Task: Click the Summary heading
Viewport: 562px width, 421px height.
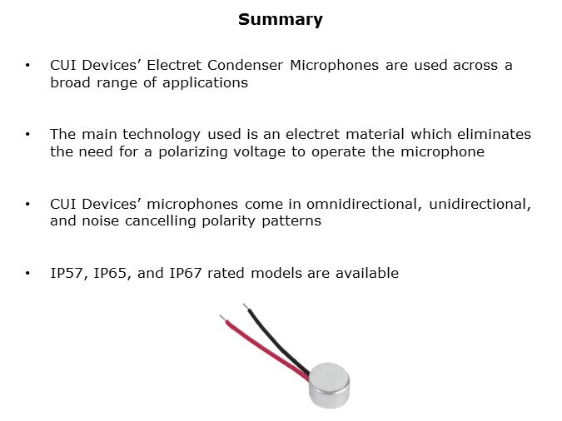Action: click(x=281, y=20)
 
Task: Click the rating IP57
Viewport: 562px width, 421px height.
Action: click(x=67, y=273)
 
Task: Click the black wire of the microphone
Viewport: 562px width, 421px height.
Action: click(x=274, y=337)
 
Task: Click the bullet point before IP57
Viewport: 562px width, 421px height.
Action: click(x=28, y=273)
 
